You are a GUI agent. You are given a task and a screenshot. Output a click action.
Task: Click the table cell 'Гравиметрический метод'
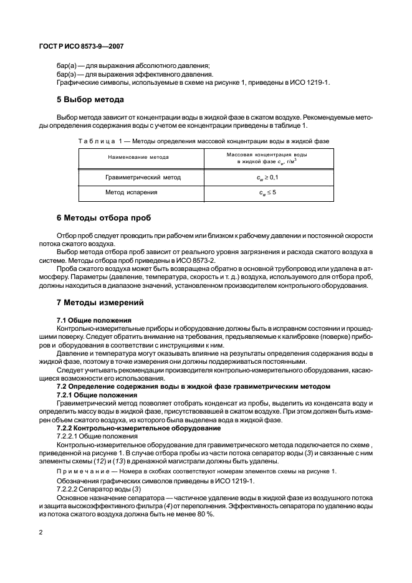point(143,178)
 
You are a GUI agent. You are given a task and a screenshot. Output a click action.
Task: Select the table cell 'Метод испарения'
point(131,192)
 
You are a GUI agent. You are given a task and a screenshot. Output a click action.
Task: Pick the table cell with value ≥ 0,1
point(268,178)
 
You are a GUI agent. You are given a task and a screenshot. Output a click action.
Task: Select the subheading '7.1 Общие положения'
point(93,320)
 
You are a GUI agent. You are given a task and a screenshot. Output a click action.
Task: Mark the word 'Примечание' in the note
point(80,472)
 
